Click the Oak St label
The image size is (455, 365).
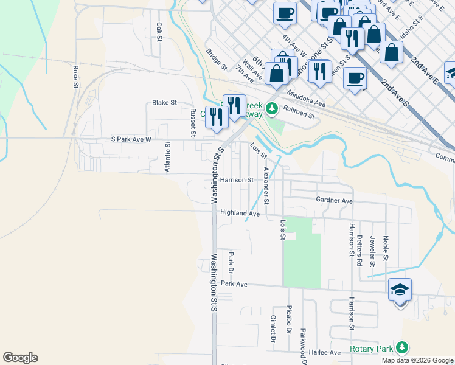[159, 32]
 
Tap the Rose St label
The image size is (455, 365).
[76, 76]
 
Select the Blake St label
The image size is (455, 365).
[164, 103]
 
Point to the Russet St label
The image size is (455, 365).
[193, 122]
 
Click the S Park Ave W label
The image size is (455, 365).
[130, 139]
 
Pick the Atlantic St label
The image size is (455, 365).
[167, 157]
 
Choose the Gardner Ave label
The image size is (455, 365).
[334, 200]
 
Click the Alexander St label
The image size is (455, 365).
[266, 182]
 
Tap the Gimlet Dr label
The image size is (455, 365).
[273, 328]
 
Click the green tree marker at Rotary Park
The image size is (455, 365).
[401, 347]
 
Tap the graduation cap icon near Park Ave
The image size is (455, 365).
[400, 290]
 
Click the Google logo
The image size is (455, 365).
[20, 358]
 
